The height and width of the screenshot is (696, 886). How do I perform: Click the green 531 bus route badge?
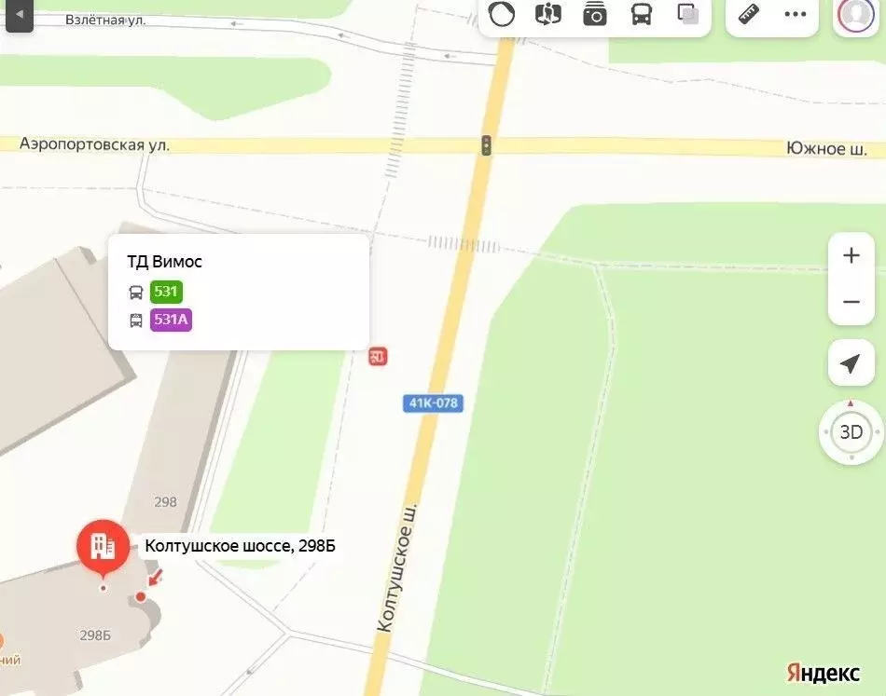tap(166, 292)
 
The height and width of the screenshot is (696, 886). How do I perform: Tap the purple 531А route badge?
tap(171, 321)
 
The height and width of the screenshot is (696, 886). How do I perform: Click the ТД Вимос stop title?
tap(164, 262)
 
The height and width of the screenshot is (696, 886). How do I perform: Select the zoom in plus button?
tap(851, 256)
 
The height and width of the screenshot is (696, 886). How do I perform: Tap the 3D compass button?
tap(851, 432)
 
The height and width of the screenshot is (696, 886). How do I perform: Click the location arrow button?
tap(851, 363)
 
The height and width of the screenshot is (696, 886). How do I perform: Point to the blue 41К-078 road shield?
tap(434, 403)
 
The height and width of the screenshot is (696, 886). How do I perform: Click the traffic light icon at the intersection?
tap(486, 145)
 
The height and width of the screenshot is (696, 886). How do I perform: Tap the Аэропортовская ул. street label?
tap(95, 144)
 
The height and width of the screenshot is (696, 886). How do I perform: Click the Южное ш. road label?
tap(826, 149)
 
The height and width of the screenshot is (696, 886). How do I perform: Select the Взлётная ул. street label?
tap(106, 20)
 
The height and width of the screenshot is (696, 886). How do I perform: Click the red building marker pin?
tap(104, 547)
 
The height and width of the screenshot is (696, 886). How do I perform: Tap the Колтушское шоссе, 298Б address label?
tap(240, 546)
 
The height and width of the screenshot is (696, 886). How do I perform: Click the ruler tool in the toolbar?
tap(749, 14)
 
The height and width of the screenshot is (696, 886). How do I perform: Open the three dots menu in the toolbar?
tap(796, 14)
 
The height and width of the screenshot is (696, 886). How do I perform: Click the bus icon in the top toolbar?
tap(642, 14)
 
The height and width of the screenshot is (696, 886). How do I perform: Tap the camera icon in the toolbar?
tap(595, 14)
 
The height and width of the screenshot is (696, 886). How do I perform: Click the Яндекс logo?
tap(823, 673)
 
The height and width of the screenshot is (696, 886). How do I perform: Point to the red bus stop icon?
tap(378, 356)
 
